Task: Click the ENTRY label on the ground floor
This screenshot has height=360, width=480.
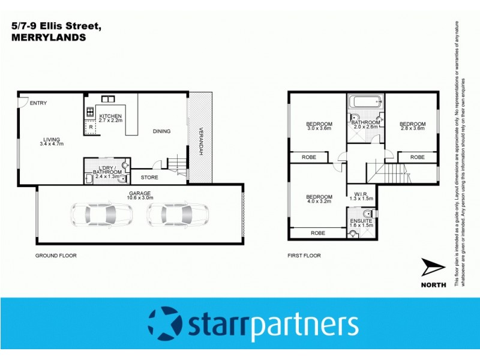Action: pos(38,103)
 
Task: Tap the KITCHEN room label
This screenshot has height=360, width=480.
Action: pos(110,115)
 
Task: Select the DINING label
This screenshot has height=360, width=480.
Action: pos(161,131)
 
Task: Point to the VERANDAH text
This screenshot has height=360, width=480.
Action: pos(200,142)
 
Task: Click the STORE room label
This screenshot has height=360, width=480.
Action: pos(149,178)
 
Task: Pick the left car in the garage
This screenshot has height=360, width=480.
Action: pos(102,214)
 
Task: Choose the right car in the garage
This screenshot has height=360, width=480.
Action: pos(178,214)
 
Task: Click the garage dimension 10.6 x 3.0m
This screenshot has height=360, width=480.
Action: pos(139,197)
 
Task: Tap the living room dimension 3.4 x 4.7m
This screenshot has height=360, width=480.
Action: pos(52,144)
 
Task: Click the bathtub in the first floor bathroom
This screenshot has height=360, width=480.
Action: pos(365,101)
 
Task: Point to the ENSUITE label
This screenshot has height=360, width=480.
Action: pos(362,221)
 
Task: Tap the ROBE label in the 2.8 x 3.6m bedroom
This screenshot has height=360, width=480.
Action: pos(418,157)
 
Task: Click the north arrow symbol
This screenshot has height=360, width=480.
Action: pos(433,268)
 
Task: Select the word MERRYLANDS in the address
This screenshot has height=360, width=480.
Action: pos(49,37)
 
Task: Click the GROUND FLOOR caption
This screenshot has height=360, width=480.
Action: pos(56,256)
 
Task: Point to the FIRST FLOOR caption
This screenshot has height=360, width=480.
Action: pos(304,256)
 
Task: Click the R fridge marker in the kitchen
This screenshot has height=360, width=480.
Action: pos(91,127)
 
